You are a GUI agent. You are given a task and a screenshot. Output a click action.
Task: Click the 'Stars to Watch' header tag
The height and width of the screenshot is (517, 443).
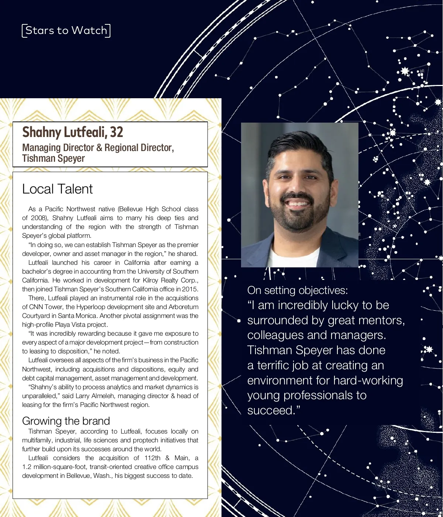point(66,30)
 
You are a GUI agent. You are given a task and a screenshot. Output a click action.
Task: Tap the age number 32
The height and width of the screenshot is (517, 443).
point(116,132)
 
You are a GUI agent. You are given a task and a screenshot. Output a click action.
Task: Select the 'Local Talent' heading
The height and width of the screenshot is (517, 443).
point(57,189)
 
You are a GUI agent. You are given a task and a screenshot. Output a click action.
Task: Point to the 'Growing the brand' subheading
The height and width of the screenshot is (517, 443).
point(66,421)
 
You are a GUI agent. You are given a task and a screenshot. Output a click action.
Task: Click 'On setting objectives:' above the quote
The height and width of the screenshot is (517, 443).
point(298,290)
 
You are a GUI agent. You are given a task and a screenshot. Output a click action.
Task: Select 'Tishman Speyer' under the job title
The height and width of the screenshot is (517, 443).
point(54,158)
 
